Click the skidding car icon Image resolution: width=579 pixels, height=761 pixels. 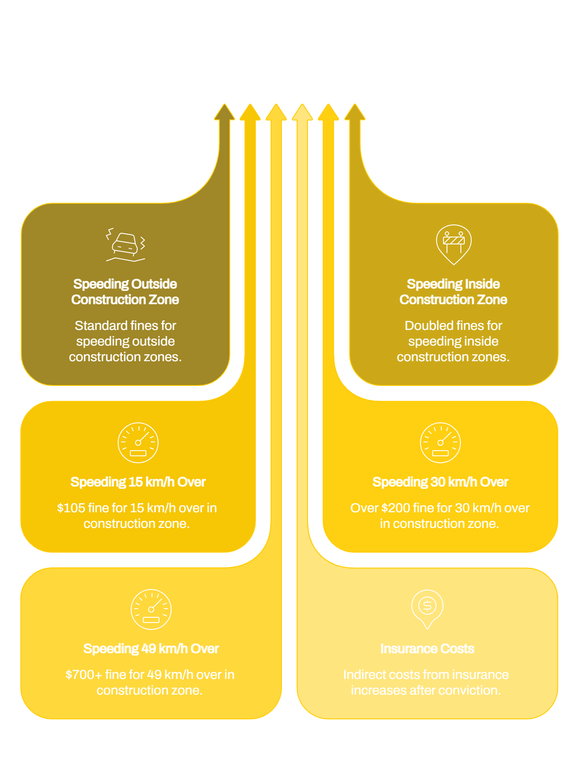click(126, 245)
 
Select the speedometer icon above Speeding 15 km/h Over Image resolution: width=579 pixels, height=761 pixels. click(138, 443)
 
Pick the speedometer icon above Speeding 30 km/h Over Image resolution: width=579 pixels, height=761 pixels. click(440, 443)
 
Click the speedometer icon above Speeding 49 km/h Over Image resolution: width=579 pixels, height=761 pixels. click(151, 609)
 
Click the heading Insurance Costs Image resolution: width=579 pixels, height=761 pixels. click(427, 649)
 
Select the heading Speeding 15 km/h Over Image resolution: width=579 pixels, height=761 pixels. click(138, 482)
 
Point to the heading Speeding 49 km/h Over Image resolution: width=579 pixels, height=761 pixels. click(151, 649)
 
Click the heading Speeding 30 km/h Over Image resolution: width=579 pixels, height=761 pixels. click(440, 482)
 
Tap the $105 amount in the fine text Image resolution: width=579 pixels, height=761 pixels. click(71, 508)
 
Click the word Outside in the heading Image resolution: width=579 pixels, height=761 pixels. click(154, 284)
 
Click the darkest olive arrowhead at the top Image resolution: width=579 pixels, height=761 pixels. click(225, 112)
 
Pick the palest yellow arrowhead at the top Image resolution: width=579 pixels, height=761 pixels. click(302, 112)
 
